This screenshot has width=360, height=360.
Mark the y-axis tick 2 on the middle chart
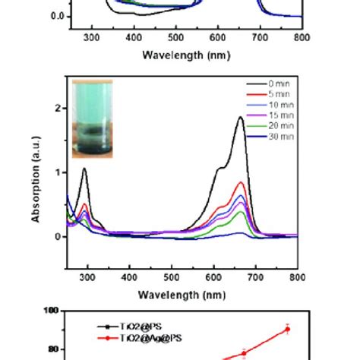[58, 108]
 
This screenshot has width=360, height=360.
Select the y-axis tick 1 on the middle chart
[58, 172]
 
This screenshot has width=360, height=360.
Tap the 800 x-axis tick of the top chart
[302, 36]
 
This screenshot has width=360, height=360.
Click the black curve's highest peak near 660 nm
[241, 117]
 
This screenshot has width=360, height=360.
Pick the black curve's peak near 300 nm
[84, 169]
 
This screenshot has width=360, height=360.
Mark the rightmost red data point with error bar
[287, 329]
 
